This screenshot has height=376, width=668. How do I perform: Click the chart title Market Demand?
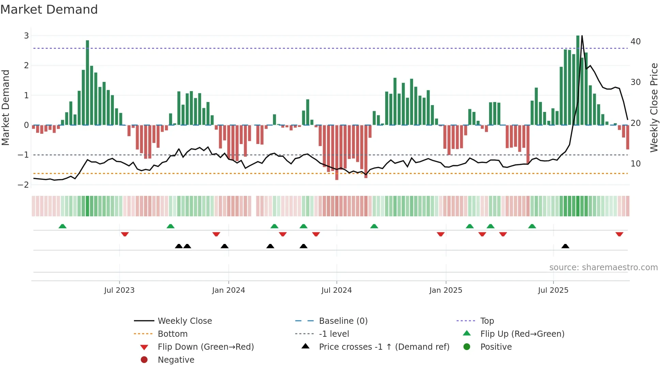(x=49, y=10)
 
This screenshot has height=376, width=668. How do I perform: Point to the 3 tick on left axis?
(x=26, y=35)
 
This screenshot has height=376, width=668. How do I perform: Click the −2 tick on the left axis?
(x=24, y=185)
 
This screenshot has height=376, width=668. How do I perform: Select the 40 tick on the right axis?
(x=636, y=42)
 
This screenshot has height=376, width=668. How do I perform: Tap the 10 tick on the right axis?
(x=636, y=164)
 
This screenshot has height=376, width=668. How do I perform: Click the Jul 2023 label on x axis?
(x=119, y=290)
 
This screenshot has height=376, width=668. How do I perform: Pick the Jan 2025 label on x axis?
(x=445, y=290)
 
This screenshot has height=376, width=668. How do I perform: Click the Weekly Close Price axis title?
(x=654, y=107)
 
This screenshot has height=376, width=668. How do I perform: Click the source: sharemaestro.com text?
(x=603, y=267)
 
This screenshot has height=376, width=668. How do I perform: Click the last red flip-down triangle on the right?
(x=619, y=234)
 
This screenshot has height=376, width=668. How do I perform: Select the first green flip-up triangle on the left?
(x=62, y=226)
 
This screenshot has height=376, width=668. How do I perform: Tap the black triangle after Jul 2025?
(x=565, y=246)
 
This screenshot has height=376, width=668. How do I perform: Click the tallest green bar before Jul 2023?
(x=88, y=82)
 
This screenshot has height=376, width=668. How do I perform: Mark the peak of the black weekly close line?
(x=582, y=36)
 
